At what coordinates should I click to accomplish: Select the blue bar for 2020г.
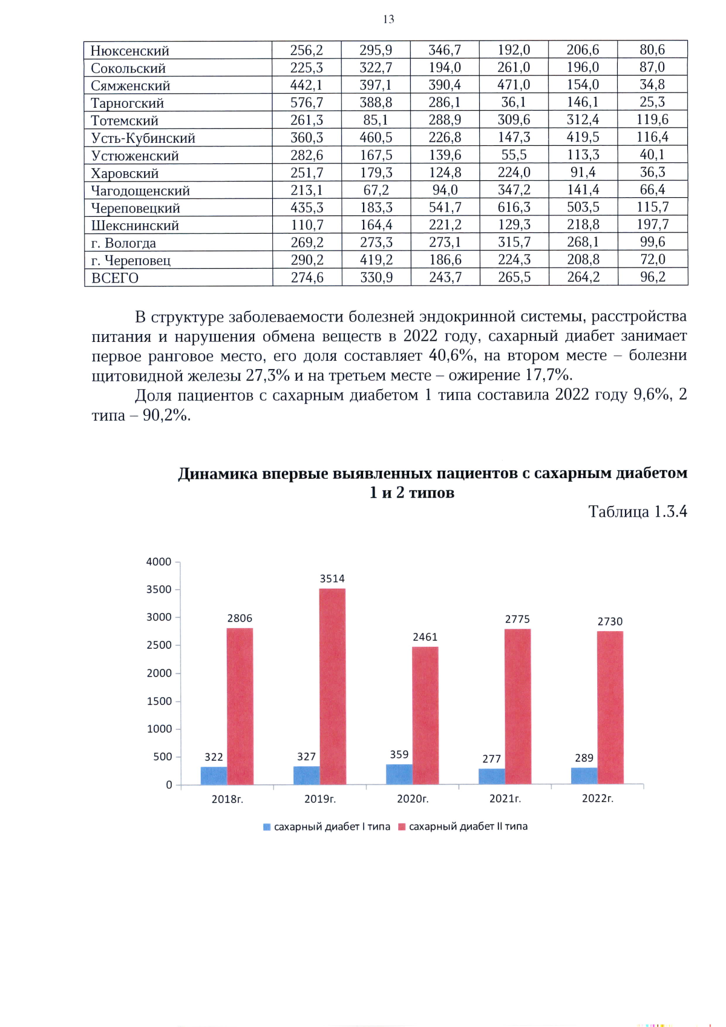(399, 774)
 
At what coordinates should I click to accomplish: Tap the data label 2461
(425, 637)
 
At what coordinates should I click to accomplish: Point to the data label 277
(491, 758)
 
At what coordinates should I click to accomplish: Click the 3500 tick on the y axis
(159, 589)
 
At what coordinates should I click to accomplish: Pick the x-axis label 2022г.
(597, 798)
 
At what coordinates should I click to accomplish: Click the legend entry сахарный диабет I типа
(327, 826)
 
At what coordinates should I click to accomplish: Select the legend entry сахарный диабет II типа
(463, 826)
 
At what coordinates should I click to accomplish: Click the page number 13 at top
(388, 19)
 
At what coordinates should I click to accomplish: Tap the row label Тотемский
(125, 120)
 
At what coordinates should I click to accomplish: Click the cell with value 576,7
(307, 102)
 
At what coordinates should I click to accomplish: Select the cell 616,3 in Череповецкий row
(514, 207)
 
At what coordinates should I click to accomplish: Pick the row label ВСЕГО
(115, 278)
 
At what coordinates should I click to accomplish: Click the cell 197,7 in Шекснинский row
(652, 225)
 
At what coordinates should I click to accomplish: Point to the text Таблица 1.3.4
(637, 511)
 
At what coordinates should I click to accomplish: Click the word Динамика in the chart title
(218, 473)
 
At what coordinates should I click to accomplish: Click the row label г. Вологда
(123, 243)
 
